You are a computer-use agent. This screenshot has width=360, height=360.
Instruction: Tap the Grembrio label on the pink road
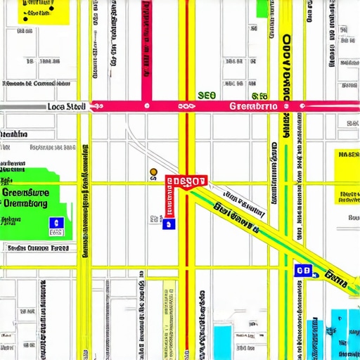[x=253, y=106]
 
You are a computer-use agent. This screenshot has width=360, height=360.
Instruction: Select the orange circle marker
[x=153, y=171]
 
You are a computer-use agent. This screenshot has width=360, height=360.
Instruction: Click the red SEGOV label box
[x=186, y=181]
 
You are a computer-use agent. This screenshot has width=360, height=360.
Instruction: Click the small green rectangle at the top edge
[x=263, y=8]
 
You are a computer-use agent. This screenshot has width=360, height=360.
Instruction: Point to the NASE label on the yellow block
[x=347, y=155]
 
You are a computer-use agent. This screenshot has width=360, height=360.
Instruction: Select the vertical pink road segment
[x=147, y=49]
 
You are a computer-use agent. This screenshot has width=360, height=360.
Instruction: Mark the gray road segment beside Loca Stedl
[x=21, y=107]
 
